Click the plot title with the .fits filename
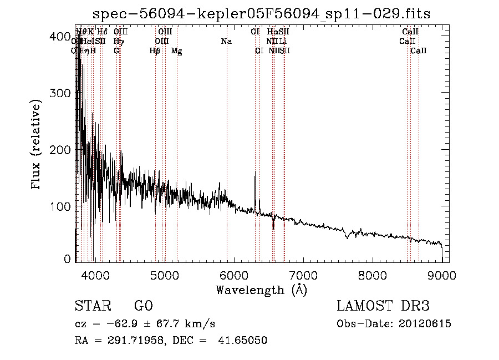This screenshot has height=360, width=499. pyautogui.click(x=261, y=13)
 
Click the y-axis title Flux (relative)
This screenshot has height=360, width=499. pyautogui.click(x=37, y=146)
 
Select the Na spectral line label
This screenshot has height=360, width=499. pyautogui.click(x=226, y=42)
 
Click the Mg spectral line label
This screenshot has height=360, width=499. pyautogui.click(x=176, y=51)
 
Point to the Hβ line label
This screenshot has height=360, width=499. pyautogui.click(x=155, y=51)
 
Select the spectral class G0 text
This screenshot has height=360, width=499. pyautogui.click(x=143, y=306)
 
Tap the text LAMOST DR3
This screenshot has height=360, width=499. pyautogui.click(x=383, y=306)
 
